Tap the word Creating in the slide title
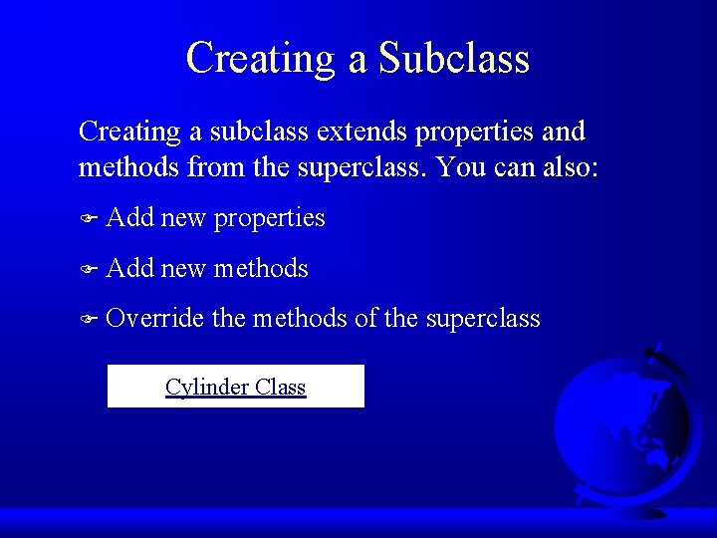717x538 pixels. [x=262, y=58]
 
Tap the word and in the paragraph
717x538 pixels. [x=564, y=132]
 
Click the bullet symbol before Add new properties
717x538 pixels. [x=88, y=218]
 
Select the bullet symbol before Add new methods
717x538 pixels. [x=88, y=269]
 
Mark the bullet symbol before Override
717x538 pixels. [x=88, y=320]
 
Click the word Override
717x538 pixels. [x=154, y=319]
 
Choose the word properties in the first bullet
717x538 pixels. [x=269, y=218]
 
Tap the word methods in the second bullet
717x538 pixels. [x=261, y=269]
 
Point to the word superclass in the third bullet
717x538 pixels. [x=482, y=319]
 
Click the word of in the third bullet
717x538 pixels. [x=365, y=319]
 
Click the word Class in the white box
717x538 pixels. [x=281, y=387]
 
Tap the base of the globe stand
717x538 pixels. [x=637, y=509]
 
